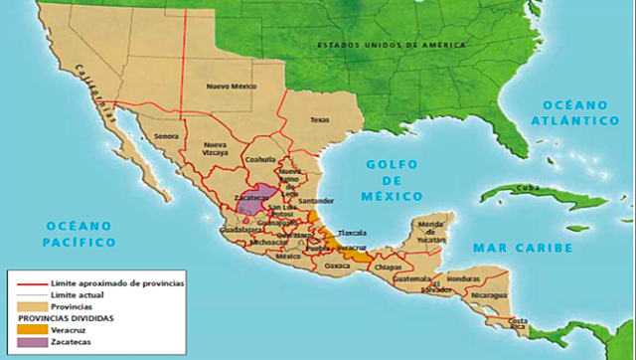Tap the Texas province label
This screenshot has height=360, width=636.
pos(319,120)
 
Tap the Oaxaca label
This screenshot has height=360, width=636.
pos(339,265)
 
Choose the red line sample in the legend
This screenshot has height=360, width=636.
pos(30,283)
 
